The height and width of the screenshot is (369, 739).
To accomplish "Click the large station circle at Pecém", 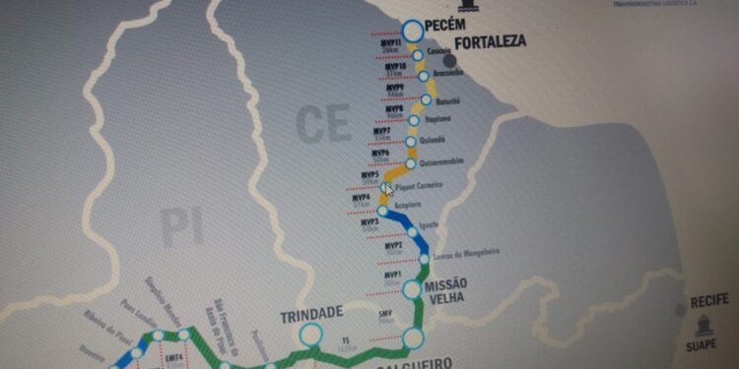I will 409,29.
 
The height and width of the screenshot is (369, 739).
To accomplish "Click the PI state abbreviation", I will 182,228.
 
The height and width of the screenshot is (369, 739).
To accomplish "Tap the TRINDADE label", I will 311,313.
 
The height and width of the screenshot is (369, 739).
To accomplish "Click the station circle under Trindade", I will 310,335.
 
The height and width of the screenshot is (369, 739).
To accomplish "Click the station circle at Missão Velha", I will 412,289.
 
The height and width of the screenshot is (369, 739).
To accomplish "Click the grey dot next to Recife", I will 679,310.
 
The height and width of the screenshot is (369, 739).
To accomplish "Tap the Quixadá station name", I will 435,141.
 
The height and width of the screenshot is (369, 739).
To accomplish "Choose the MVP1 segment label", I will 392,276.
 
